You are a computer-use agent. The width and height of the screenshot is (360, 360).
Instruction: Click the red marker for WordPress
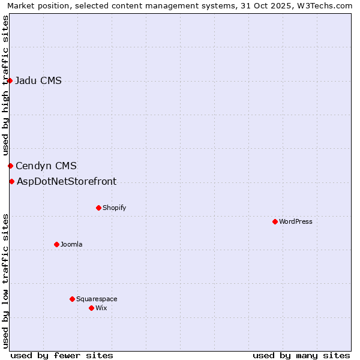[x=275, y=221]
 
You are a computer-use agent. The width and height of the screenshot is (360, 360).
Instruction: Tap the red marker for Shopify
[x=98, y=208]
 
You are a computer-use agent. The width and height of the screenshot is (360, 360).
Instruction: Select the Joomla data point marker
[x=56, y=244]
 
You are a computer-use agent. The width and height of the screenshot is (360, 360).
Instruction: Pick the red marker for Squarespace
[x=72, y=299]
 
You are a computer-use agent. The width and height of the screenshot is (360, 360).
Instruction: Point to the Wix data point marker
[x=91, y=308]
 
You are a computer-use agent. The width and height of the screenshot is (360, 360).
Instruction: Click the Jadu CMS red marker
[x=10, y=80]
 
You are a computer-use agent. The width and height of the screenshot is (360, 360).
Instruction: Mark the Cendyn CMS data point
[x=10, y=166]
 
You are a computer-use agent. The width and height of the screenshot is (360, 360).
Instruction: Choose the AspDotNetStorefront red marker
[x=11, y=181]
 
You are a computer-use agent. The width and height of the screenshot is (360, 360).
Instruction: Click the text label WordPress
[x=296, y=221]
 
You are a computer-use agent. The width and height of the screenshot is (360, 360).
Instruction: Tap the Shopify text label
[x=114, y=208]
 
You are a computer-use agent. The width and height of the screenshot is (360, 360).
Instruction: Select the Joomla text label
[x=71, y=244]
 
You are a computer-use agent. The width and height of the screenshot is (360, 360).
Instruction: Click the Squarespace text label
[x=97, y=299]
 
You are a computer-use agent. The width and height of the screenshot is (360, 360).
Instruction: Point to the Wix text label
[x=101, y=308]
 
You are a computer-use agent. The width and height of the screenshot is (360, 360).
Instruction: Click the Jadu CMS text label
[x=38, y=81]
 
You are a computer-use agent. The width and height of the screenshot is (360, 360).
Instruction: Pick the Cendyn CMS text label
[x=46, y=166]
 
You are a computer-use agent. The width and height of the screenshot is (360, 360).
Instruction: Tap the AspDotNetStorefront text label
[x=67, y=182]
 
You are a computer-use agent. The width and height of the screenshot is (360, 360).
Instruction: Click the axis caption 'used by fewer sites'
[x=62, y=355]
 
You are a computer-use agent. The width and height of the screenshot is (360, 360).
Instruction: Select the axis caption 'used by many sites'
[x=301, y=355]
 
